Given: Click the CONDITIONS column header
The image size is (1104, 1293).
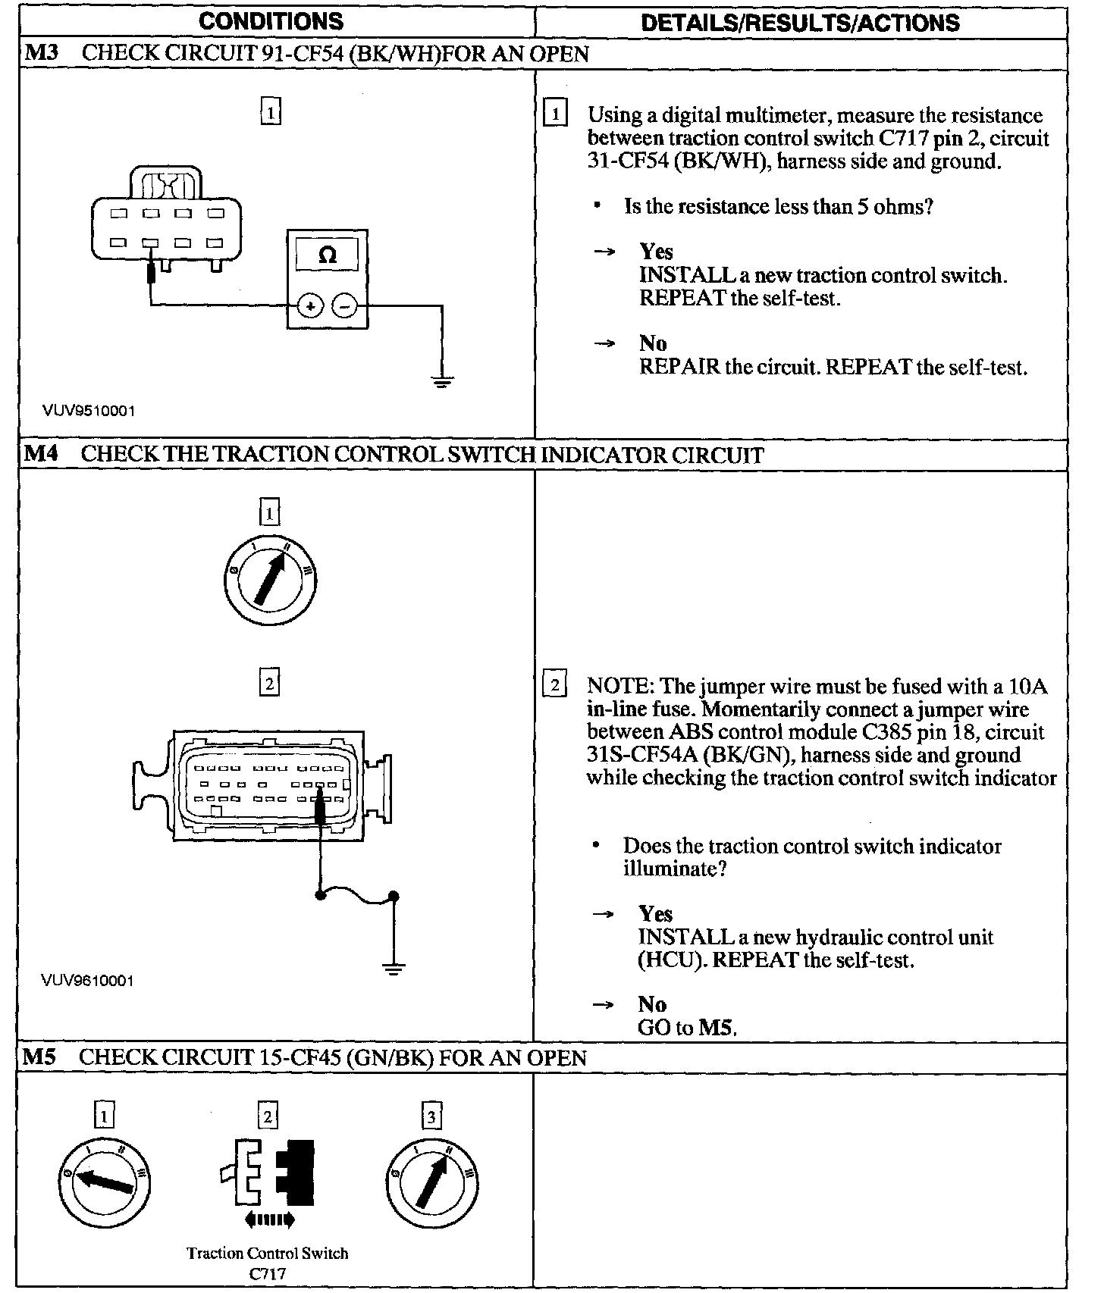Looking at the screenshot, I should tap(271, 21).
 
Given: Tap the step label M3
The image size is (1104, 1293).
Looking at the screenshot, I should tap(41, 53).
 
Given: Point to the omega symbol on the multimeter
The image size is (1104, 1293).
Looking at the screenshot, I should tap(328, 255).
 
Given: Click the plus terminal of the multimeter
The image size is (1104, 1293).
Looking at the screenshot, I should tap(310, 306).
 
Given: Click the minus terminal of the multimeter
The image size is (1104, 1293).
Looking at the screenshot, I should tap(345, 306).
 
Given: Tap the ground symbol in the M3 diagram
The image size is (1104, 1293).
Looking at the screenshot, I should tap(441, 380).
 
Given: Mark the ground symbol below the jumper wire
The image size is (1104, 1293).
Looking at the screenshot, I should tap(393, 968).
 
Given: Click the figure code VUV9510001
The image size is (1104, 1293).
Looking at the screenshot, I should tap(89, 411).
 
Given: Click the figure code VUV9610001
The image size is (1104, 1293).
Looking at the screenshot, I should tap(88, 981).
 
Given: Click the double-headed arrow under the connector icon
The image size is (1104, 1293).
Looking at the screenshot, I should tap(270, 1219).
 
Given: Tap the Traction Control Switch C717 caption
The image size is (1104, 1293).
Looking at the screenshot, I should tap(268, 1262).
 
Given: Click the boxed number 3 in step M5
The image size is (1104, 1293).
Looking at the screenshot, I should tap(431, 1116).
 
